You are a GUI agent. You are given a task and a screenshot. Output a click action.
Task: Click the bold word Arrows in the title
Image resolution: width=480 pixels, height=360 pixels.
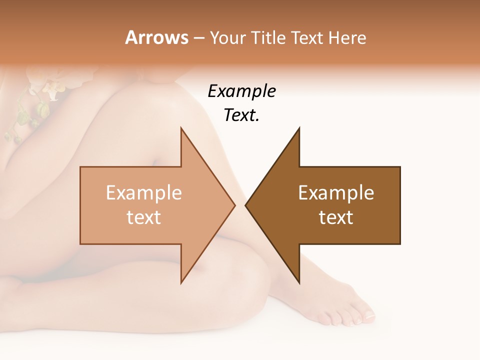point(157,37)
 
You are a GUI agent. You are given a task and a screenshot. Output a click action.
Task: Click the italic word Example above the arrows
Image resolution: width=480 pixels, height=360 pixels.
point(241,91)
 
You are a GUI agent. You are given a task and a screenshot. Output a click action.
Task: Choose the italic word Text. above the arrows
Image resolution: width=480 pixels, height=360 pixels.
point(241,115)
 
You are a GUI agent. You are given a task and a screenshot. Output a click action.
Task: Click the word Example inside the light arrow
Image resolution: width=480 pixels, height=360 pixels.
point(144,192)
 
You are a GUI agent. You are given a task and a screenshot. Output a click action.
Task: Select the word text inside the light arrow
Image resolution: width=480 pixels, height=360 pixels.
point(144,217)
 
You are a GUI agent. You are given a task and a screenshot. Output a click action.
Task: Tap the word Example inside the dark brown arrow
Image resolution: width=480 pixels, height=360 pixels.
point(336,192)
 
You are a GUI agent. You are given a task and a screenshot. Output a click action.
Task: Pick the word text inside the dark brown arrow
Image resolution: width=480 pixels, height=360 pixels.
point(336,217)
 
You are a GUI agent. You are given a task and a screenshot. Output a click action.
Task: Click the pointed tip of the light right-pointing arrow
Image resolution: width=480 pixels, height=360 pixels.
point(234,205)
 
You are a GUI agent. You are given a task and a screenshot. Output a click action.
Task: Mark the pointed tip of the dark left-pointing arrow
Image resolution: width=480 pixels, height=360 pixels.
point(246,205)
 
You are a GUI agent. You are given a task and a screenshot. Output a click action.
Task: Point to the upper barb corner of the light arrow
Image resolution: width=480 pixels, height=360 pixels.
point(181,128)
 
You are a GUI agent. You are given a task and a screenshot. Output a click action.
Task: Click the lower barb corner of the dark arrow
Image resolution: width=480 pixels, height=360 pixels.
point(299,283)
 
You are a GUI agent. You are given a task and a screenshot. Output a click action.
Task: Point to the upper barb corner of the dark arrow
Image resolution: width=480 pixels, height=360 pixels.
point(299,128)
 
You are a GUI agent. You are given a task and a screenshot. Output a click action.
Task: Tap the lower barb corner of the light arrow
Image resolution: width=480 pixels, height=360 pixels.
point(181,283)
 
